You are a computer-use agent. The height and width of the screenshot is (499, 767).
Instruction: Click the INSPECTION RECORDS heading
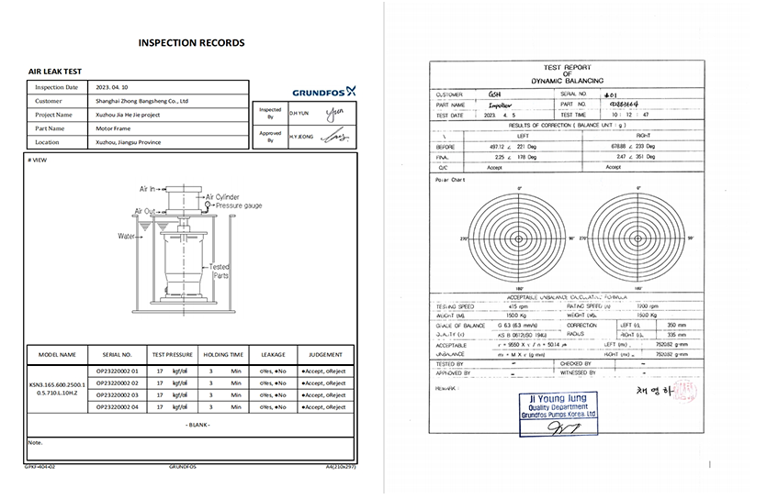(x=191, y=42)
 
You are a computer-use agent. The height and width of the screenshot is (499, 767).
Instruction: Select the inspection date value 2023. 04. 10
(x=117, y=87)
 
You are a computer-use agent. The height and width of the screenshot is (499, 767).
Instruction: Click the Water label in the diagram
(x=127, y=236)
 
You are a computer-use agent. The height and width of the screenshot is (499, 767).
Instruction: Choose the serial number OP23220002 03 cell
(x=117, y=394)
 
